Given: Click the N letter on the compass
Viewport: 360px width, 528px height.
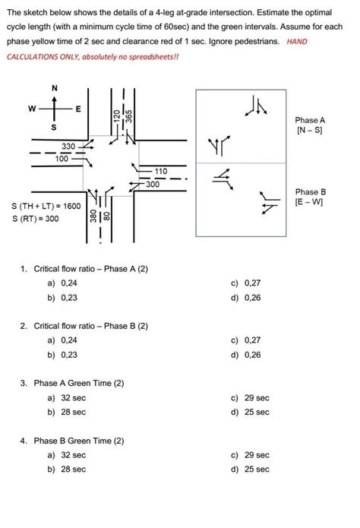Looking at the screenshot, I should click(x=54, y=88).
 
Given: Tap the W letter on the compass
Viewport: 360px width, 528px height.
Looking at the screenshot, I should click(x=32, y=109).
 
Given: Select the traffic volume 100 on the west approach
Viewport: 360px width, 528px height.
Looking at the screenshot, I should click(x=62, y=158).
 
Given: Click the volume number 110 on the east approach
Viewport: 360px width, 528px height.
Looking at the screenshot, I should click(x=160, y=172).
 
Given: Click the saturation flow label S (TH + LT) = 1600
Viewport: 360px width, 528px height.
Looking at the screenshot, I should click(x=46, y=206).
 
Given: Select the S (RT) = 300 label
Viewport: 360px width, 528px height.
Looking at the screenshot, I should click(x=35, y=220).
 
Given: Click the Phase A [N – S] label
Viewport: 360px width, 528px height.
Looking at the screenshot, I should click(x=311, y=126).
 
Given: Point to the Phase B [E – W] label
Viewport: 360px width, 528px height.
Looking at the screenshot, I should click(x=311, y=197).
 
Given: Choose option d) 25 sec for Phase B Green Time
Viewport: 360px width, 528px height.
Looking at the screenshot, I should click(x=252, y=469).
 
